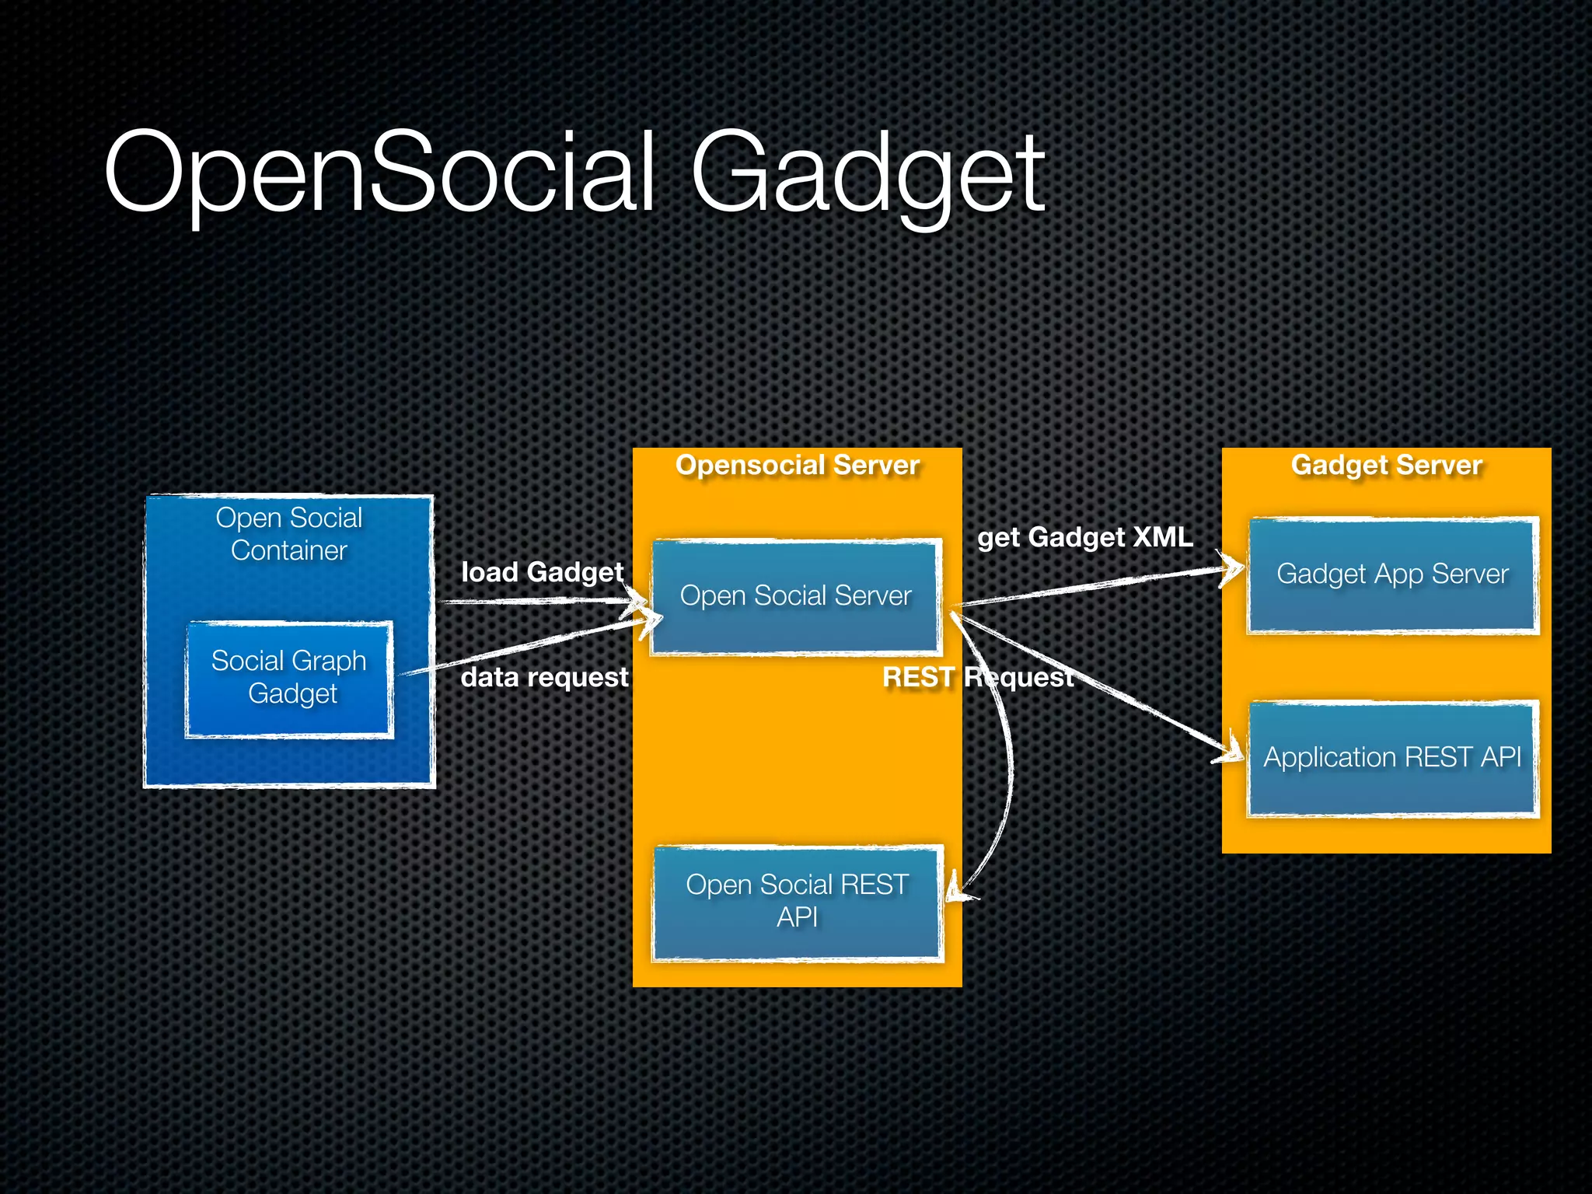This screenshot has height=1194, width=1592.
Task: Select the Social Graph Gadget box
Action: click(x=289, y=678)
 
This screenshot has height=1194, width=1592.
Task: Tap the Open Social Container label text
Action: click(x=289, y=534)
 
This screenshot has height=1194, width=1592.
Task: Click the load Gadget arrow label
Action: click(x=542, y=572)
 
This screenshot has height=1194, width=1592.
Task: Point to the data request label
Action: click(x=544, y=677)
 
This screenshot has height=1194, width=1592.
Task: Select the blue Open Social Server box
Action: click(x=796, y=596)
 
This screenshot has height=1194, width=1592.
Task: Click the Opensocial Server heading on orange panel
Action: click(x=797, y=465)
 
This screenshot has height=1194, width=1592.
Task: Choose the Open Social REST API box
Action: click(x=798, y=902)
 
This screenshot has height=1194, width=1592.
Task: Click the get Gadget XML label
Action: click(x=1084, y=537)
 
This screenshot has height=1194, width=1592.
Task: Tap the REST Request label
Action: click(x=978, y=677)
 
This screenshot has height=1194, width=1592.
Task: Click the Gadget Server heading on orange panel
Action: click(x=1386, y=465)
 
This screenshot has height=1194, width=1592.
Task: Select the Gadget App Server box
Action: click(x=1392, y=574)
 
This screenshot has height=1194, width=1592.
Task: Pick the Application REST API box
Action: click(x=1392, y=757)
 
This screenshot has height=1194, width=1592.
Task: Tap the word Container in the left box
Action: click(x=289, y=550)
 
